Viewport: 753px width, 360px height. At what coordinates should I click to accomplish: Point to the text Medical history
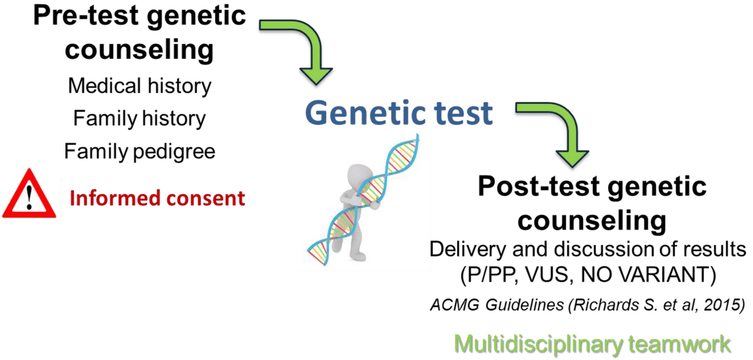click(x=139, y=86)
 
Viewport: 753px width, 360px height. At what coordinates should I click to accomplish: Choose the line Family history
click(x=139, y=119)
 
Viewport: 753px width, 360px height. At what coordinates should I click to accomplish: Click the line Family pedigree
click(x=139, y=151)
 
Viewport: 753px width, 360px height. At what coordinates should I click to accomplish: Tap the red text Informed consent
click(x=157, y=199)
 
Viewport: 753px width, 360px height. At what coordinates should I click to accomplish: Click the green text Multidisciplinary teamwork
click(x=593, y=344)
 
